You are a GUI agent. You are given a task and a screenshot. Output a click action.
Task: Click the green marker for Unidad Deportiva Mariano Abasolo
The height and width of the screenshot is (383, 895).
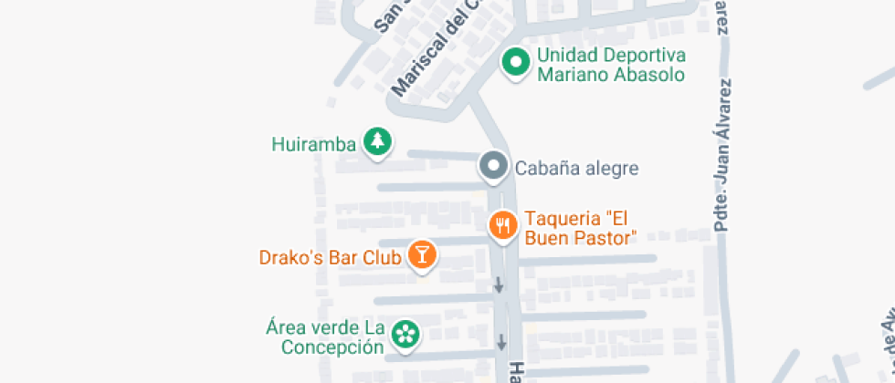pos(517,63)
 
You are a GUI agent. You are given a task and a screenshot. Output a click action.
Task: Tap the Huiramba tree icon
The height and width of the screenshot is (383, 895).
pos(377,141)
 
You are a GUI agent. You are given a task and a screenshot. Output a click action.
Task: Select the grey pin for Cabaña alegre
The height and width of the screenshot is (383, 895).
pos(494,166)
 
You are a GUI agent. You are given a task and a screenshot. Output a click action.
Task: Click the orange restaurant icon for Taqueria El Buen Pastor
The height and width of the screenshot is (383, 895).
pos(502,224)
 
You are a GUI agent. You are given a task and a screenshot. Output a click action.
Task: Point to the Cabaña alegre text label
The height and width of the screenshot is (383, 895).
pos(576,168)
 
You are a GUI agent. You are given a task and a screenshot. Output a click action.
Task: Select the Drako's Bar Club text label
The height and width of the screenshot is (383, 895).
pos(331,257)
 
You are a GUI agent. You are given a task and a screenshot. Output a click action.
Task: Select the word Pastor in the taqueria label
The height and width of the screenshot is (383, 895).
pos(605,238)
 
